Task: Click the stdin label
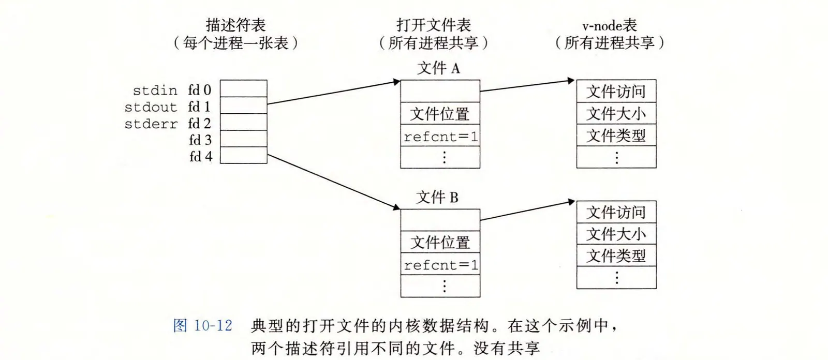tap(155, 91)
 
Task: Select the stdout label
tap(151, 107)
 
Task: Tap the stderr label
tap(151, 124)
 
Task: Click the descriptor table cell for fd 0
tap(243, 88)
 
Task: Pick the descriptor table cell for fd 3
tap(243, 139)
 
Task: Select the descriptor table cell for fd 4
tap(243, 155)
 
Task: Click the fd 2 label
tap(200, 123)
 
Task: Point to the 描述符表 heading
tap(235, 25)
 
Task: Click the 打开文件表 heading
tap(434, 25)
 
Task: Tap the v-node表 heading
tap(609, 25)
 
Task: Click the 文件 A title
tap(438, 68)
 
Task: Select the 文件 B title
tap(437, 197)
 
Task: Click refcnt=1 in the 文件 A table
tap(440, 137)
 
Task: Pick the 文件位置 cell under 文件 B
tap(440, 242)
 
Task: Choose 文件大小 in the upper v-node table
tap(616, 113)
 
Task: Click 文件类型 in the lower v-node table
tap(616, 256)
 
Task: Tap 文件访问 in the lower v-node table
tap(616, 212)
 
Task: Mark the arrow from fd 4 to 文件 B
tap(334, 182)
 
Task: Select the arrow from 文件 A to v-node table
tap(527, 85)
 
